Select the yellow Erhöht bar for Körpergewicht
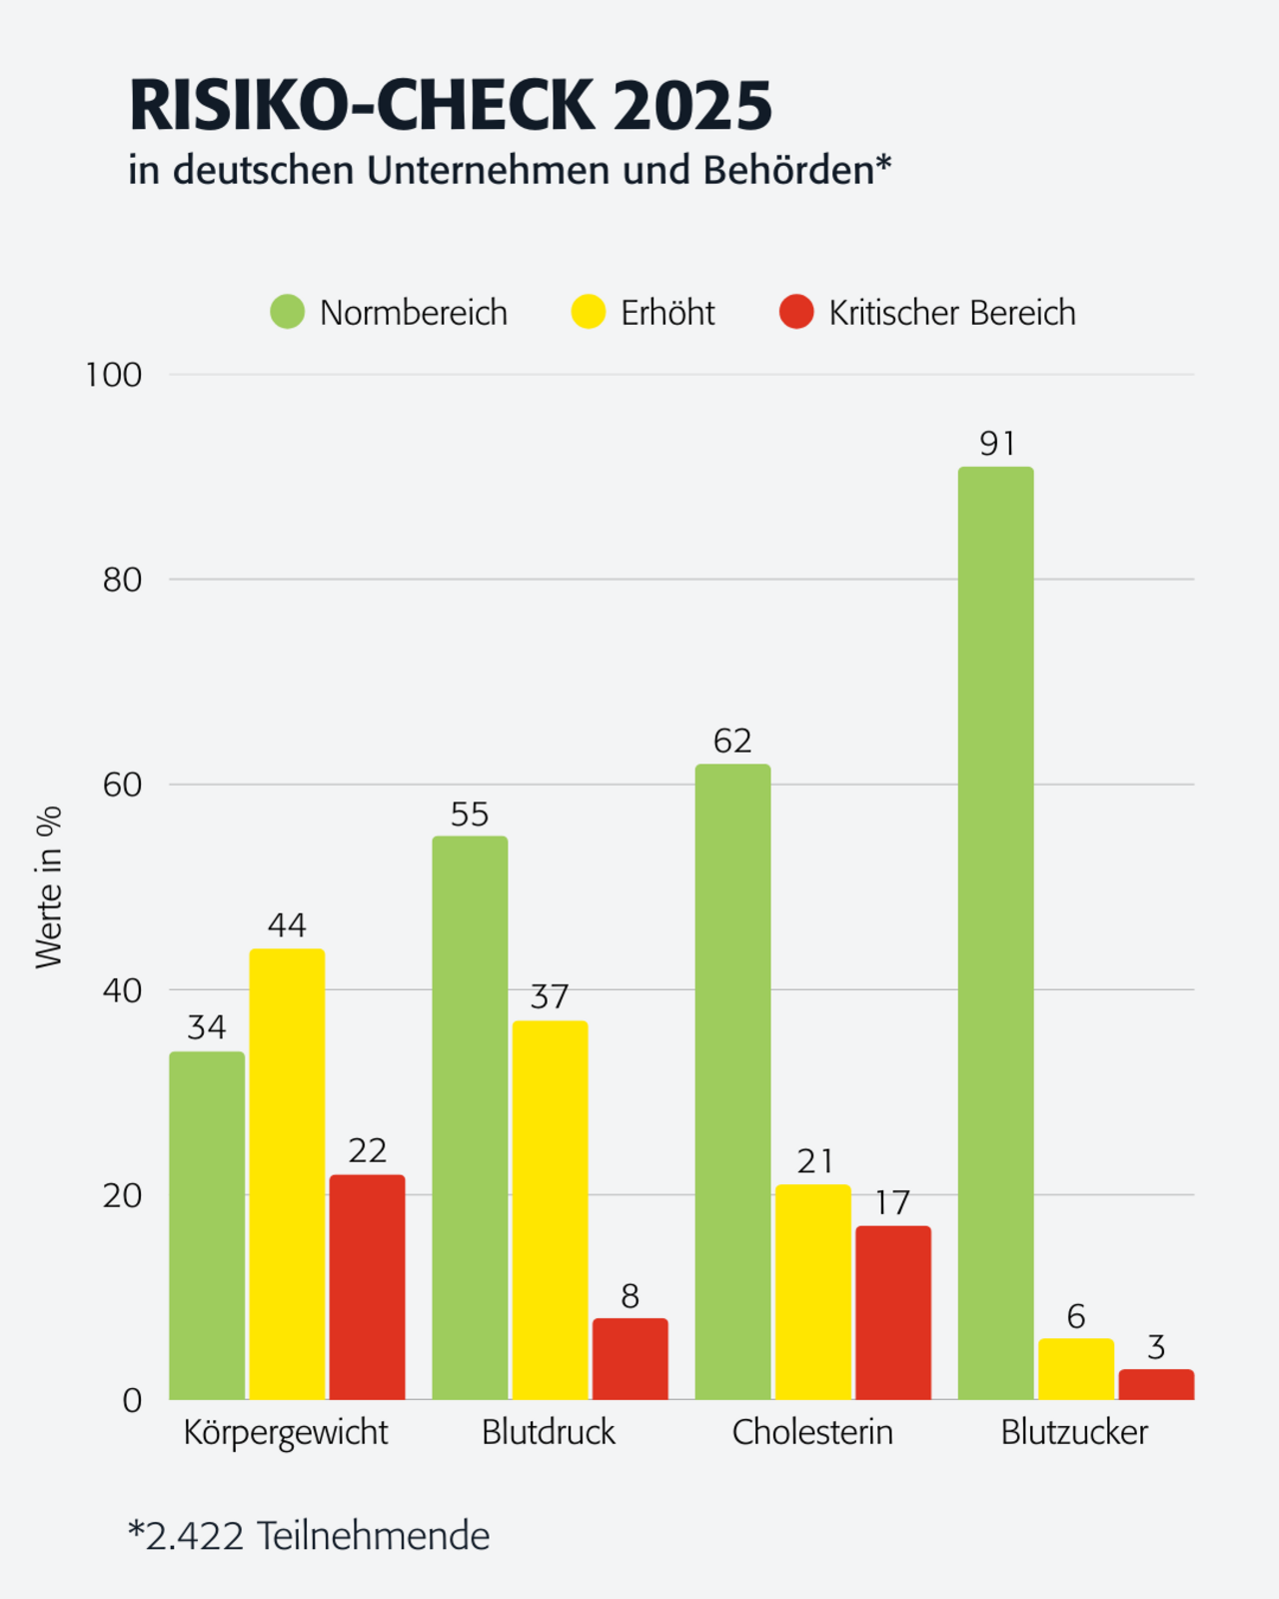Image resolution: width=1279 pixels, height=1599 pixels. (x=287, y=1174)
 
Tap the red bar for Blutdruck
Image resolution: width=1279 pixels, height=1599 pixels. (x=630, y=1359)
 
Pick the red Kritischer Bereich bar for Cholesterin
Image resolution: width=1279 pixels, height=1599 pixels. (x=892, y=1312)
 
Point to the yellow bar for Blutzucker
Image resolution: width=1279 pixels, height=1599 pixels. (x=1075, y=1369)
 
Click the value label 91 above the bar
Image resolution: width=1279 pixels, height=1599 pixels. (x=997, y=444)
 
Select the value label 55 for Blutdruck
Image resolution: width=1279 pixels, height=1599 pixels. (x=470, y=814)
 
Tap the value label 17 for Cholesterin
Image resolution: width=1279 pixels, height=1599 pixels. (x=892, y=1203)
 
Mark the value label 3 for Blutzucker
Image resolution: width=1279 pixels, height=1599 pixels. (x=1156, y=1348)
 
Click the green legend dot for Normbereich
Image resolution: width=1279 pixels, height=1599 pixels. (x=288, y=312)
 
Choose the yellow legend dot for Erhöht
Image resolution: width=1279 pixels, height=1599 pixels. (x=589, y=312)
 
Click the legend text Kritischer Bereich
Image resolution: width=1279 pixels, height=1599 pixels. (x=952, y=313)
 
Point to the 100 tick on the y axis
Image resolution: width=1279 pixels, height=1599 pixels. (x=114, y=375)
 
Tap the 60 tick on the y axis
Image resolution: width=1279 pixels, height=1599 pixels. (x=122, y=785)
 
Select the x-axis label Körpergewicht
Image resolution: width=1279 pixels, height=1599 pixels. (x=286, y=1432)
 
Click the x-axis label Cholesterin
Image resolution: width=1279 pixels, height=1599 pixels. (x=812, y=1432)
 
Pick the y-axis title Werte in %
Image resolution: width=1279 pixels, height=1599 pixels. (x=48, y=886)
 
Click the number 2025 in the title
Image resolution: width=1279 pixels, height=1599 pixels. (x=692, y=106)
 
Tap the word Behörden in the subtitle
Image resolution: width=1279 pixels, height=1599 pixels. (x=788, y=171)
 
